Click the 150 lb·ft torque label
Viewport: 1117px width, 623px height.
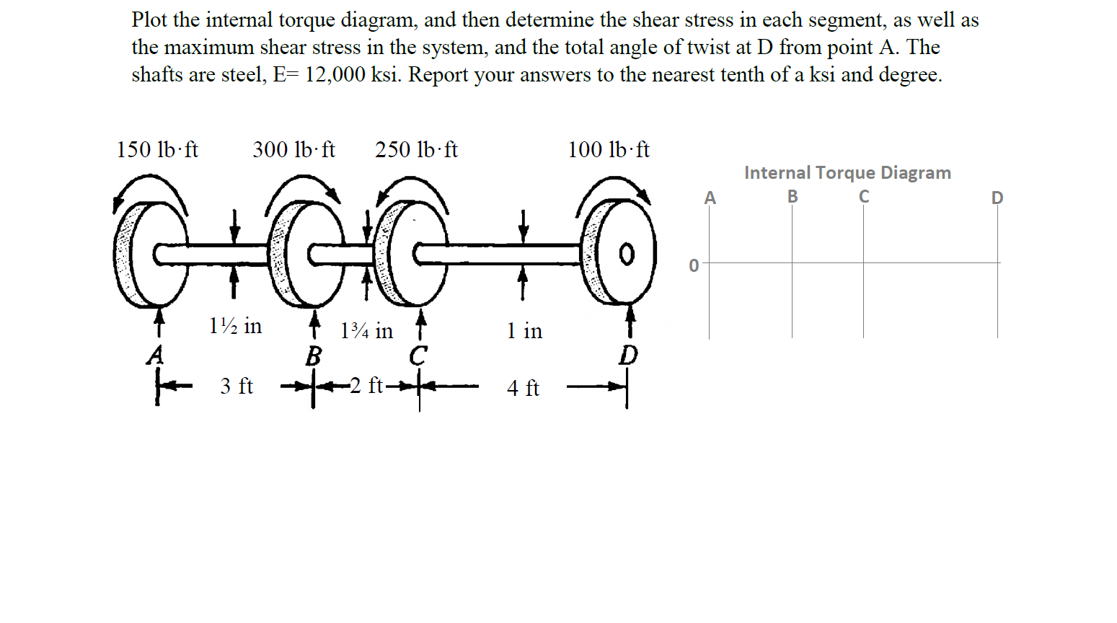(x=157, y=150)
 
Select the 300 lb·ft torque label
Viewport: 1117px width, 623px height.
(x=293, y=150)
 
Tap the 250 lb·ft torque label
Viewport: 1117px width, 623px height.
(x=416, y=150)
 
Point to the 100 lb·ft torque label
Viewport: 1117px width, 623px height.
(x=608, y=150)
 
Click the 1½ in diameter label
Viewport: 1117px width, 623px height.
(x=235, y=326)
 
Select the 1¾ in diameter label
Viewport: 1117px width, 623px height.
(x=366, y=331)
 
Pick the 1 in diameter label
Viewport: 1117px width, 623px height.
(x=524, y=331)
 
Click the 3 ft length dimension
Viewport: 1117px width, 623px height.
(x=237, y=386)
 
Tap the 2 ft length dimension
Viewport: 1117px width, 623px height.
(x=366, y=386)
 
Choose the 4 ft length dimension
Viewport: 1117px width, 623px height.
(x=523, y=389)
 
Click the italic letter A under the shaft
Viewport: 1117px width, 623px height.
(x=155, y=355)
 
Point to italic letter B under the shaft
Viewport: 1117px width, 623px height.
(x=313, y=356)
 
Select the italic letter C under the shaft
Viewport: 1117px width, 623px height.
(x=418, y=355)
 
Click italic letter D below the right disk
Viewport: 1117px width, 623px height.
(x=629, y=355)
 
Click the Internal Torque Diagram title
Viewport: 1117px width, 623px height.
(x=847, y=173)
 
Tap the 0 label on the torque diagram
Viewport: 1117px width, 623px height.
(x=694, y=266)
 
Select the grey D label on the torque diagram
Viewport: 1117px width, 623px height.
(x=997, y=198)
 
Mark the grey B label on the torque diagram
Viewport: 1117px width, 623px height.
(x=793, y=196)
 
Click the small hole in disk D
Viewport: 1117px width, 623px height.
(x=627, y=255)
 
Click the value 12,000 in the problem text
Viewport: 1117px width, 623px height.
(x=335, y=75)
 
